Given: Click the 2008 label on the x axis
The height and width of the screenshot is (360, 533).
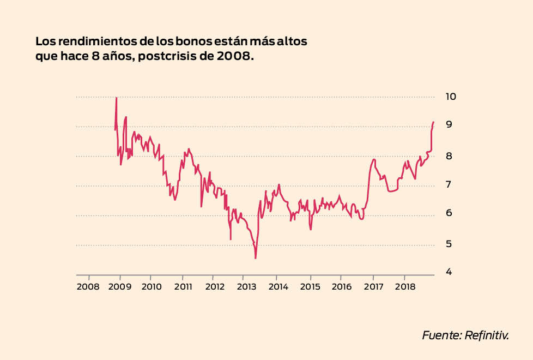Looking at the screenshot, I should [88, 286].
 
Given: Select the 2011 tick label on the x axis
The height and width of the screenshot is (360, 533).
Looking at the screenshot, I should [183, 286].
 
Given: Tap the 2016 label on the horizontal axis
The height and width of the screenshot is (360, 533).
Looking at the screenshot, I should [341, 286].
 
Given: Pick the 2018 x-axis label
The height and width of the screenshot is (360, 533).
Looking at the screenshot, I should [404, 286].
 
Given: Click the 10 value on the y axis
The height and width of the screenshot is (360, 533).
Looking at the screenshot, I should [451, 97].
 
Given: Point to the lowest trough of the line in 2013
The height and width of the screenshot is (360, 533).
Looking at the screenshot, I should [255, 258].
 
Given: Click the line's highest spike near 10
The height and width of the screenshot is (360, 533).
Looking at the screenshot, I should [116, 98].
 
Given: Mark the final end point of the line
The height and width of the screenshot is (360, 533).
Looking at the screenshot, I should [433, 122].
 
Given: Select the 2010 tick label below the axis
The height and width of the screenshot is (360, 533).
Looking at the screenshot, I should [151, 286].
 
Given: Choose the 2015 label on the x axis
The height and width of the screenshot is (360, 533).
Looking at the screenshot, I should [310, 286].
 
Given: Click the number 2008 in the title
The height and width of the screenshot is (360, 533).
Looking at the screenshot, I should [235, 56].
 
